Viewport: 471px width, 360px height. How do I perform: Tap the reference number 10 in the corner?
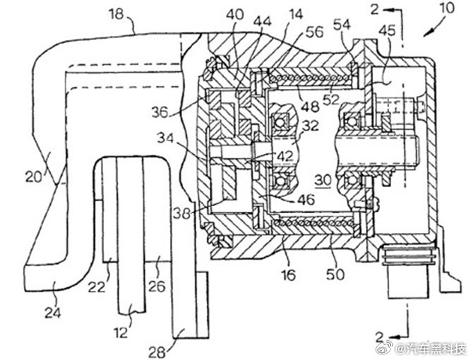[447, 8]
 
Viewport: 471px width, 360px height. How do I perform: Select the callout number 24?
[53, 313]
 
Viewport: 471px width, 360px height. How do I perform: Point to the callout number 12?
[121, 332]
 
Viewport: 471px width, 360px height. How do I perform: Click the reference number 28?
[157, 352]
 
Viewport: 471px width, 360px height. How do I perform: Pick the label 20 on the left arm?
[34, 177]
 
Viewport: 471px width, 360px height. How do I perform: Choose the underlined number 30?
[323, 181]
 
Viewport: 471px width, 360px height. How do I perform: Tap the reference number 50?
[335, 275]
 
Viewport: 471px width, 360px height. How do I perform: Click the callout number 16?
[288, 275]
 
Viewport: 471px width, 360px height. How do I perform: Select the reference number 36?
[160, 113]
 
